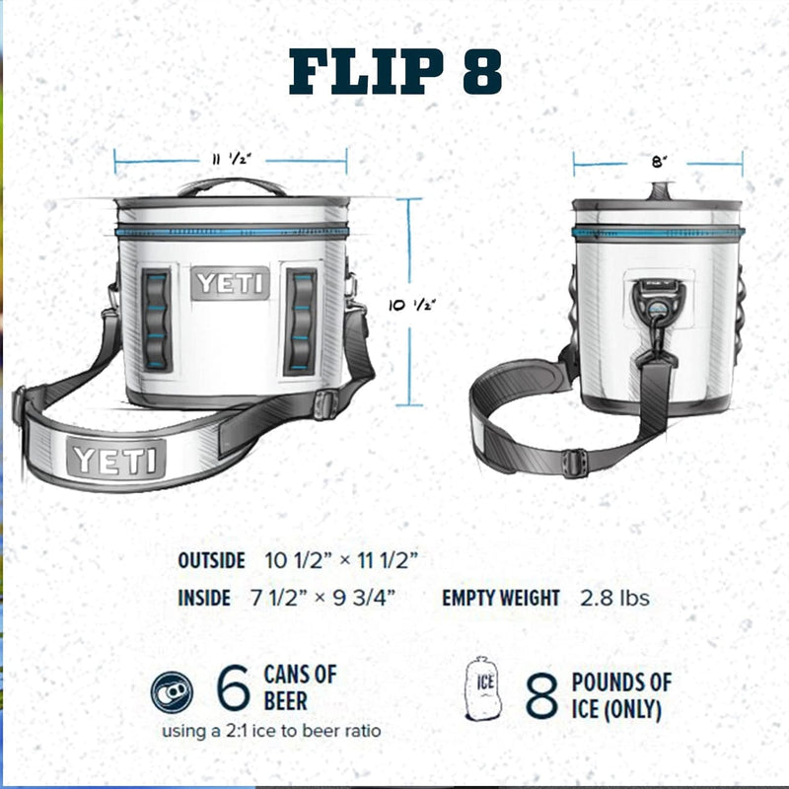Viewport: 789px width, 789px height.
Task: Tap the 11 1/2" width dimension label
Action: point(229,159)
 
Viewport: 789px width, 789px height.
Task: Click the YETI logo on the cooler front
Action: point(231,284)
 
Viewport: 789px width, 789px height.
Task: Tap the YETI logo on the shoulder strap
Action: point(115,460)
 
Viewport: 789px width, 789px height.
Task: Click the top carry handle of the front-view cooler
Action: point(231,185)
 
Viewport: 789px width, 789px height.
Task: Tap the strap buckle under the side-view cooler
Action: point(574,462)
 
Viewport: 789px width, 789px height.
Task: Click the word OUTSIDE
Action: point(211,560)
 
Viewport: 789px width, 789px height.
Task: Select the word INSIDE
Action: point(204,598)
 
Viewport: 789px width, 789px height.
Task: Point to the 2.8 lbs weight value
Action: point(613,598)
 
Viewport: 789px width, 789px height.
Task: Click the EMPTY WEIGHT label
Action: point(500,598)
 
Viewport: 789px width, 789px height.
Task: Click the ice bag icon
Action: point(484,687)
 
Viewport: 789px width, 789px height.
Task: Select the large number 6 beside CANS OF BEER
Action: point(233,689)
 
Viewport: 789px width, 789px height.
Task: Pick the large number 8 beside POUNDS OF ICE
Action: point(541,695)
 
